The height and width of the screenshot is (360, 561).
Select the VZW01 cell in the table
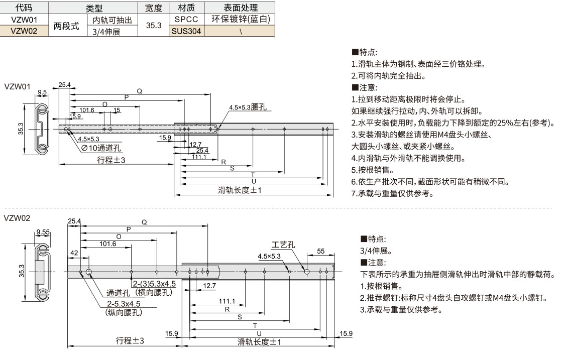(x=24, y=20)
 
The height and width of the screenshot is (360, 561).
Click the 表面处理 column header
(x=241, y=8)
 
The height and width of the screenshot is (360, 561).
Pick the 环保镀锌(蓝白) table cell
(x=241, y=20)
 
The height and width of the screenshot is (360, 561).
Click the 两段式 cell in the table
(x=67, y=26)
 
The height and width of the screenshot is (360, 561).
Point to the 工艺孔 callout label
(x=283, y=245)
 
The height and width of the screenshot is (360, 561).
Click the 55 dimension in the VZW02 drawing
(x=321, y=251)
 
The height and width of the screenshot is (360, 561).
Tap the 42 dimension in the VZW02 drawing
(x=74, y=254)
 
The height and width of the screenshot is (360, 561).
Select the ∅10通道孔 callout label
(x=101, y=148)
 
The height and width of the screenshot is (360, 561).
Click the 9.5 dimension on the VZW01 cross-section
(x=42, y=92)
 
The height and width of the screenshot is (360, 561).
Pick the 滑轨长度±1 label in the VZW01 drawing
(x=240, y=190)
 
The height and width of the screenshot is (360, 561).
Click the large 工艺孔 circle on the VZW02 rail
(x=306, y=271)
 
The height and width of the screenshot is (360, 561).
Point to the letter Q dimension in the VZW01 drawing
(x=140, y=91)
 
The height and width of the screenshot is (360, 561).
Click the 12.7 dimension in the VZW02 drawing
(x=209, y=286)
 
